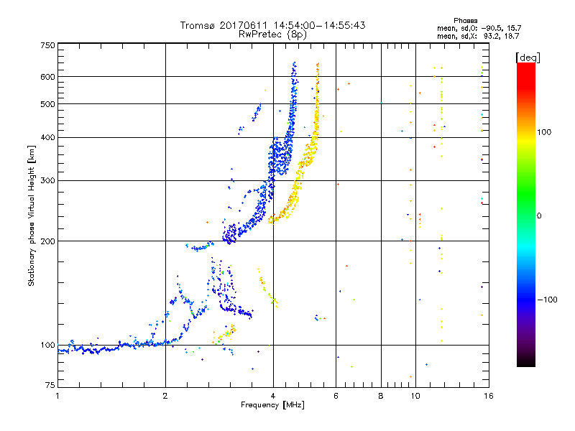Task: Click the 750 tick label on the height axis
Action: pyautogui.click(x=47, y=45)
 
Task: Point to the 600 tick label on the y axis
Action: pyautogui.click(x=47, y=77)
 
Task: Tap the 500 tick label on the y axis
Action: pyautogui.click(x=47, y=104)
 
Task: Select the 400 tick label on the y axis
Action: pyautogui.click(x=47, y=138)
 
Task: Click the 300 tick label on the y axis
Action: pyautogui.click(x=47, y=181)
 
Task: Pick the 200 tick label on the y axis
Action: pyautogui.click(x=47, y=241)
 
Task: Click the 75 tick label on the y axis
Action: pyautogui.click(x=49, y=386)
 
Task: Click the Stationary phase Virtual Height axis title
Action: pyautogui.click(x=32, y=215)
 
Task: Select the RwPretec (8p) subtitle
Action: pyautogui.click(x=272, y=34)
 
